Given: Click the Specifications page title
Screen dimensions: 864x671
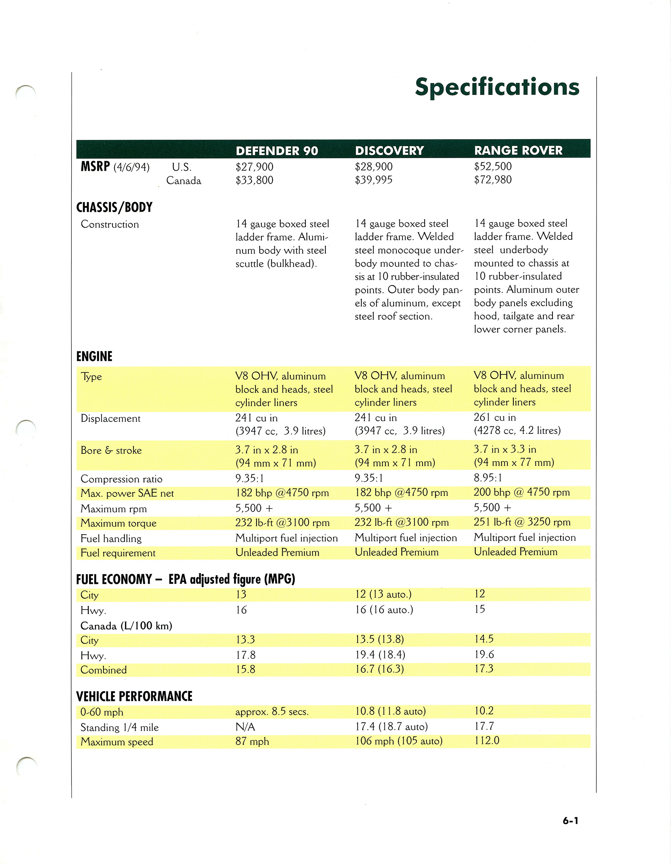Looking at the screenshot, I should [x=497, y=87].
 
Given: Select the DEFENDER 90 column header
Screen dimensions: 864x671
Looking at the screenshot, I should [x=277, y=151].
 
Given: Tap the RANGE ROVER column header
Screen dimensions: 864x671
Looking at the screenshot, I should [x=518, y=150].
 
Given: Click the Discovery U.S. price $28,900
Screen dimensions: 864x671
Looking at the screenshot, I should [x=374, y=166].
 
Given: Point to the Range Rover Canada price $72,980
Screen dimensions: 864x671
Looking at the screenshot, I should [x=493, y=180].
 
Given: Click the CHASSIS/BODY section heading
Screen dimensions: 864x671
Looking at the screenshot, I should [x=114, y=207].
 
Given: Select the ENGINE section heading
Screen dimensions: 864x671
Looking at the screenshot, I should [x=94, y=356].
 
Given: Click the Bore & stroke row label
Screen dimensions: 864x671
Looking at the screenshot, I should [x=111, y=450].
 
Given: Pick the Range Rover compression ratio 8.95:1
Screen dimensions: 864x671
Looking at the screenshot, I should [x=488, y=478].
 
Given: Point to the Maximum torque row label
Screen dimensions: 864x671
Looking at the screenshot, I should [x=118, y=523].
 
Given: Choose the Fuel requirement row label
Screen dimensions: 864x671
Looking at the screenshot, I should [x=118, y=553].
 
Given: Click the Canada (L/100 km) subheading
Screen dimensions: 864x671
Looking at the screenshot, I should [x=126, y=626].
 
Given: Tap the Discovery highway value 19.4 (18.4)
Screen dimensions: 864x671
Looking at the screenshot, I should [x=380, y=655].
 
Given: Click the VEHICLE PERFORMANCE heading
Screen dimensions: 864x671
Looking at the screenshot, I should [x=134, y=696].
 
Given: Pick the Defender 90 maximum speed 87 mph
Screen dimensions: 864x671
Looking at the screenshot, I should [x=252, y=741].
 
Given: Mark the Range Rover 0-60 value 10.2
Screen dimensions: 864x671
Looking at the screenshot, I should [x=484, y=711].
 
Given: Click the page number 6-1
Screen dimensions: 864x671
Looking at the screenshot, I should [x=570, y=821].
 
